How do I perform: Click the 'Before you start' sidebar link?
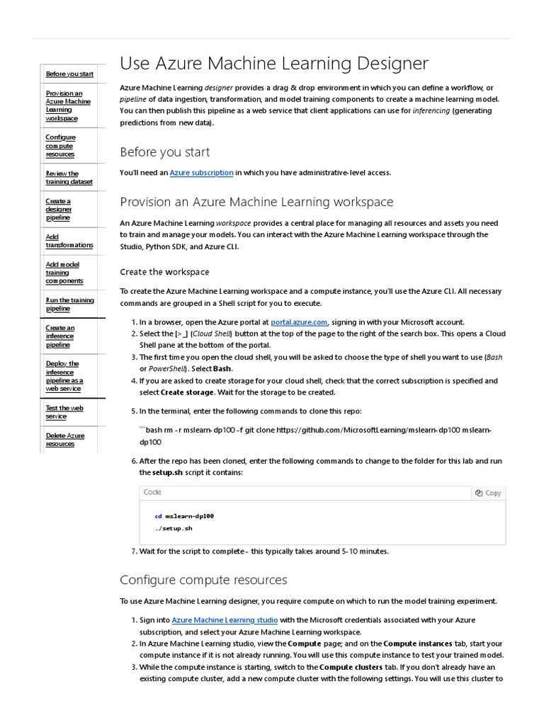pos(69,74)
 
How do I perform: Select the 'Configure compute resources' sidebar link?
pos(60,146)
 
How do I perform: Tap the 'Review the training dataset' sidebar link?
pos(69,178)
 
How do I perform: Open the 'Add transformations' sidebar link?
pos(69,241)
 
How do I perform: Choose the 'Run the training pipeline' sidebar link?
pos(69,304)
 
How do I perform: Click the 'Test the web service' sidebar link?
pos(64,412)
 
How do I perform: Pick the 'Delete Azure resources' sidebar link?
pos(64,440)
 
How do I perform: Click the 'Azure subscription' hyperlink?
pos(201,172)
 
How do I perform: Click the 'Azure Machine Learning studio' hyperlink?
pos(213,620)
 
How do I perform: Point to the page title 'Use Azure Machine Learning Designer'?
pos(274,64)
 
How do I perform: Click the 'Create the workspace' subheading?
pos(164,272)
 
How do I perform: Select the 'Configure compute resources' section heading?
pos(203,580)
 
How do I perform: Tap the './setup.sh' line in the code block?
pos(174,529)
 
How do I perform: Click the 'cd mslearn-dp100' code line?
pos(184,516)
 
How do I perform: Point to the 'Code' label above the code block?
pos(152,492)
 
